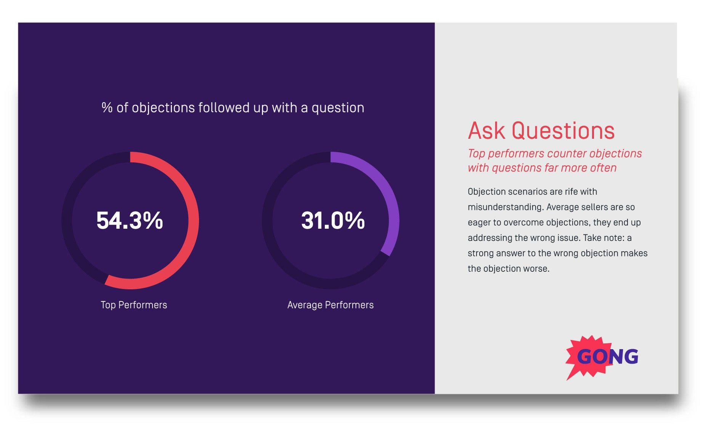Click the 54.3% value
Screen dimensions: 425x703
tap(130, 221)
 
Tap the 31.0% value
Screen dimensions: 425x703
tap(333, 221)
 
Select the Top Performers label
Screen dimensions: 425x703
tap(134, 305)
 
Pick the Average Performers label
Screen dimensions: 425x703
tap(331, 305)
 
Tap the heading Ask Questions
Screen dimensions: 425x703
tap(541, 131)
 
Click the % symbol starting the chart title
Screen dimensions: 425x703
tap(107, 108)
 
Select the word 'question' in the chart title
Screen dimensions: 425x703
tap(338, 108)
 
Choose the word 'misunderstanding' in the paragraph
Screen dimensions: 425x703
tap(505, 207)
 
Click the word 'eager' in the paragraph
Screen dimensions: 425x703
tap(479, 223)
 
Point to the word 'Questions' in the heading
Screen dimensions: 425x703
tap(563, 131)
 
